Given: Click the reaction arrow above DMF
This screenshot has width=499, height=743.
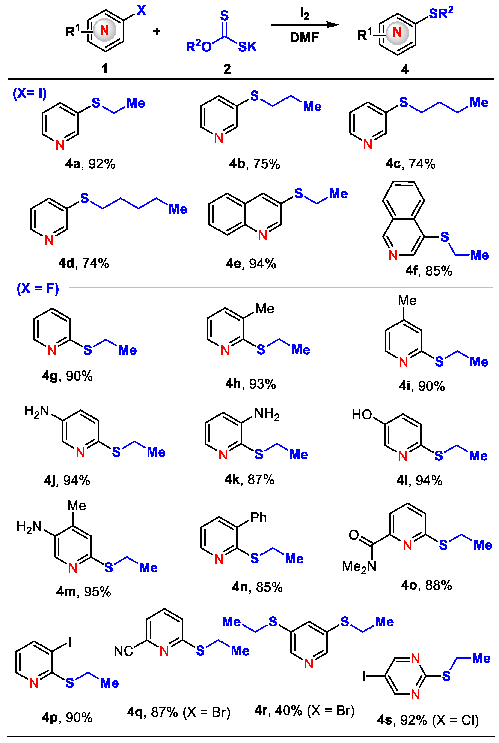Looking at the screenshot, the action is click(x=305, y=25).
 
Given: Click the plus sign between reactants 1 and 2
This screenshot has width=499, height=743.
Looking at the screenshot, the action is click(x=157, y=31).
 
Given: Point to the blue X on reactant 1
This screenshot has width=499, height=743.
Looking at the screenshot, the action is click(x=141, y=10).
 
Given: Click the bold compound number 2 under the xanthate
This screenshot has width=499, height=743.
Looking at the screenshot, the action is click(x=227, y=69).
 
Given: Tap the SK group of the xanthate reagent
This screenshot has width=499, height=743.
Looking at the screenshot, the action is click(x=247, y=47).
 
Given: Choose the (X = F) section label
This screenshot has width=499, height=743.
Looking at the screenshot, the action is click(x=38, y=288).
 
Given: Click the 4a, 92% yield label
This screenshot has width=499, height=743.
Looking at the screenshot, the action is click(x=90, y=164).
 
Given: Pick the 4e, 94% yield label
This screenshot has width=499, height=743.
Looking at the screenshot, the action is click(x=251, y=264).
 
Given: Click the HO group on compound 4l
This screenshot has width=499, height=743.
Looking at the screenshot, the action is click(x=362, y=415).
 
